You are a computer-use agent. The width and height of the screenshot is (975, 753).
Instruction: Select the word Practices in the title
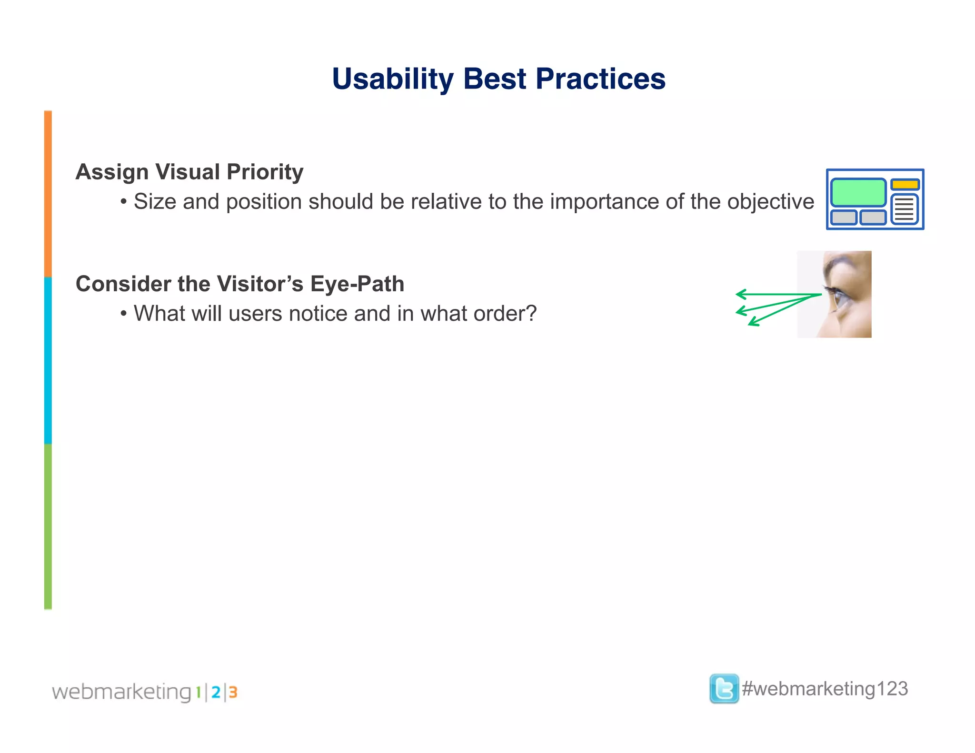(600, 79)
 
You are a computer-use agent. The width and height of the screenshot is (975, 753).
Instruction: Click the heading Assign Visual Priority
(189, 172)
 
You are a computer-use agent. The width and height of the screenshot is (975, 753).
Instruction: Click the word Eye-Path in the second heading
(357, 284)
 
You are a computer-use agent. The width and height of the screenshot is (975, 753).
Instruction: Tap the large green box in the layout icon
(858, 192)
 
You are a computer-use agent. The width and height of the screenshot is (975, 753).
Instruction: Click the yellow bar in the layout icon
(905, 184)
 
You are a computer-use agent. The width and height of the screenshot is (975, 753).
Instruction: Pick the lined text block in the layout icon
(904, 209)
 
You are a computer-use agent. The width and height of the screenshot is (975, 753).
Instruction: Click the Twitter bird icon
(724, 689)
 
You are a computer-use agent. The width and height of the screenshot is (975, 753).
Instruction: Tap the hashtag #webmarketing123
(825, 689)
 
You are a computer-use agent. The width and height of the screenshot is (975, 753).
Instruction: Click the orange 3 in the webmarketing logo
(233, 692)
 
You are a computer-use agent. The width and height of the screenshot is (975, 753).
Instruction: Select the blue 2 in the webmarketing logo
(216, 692)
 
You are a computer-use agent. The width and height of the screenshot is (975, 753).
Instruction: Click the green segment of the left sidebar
(48, 526)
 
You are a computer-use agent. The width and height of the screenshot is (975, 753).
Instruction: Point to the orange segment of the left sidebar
(48, 194)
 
